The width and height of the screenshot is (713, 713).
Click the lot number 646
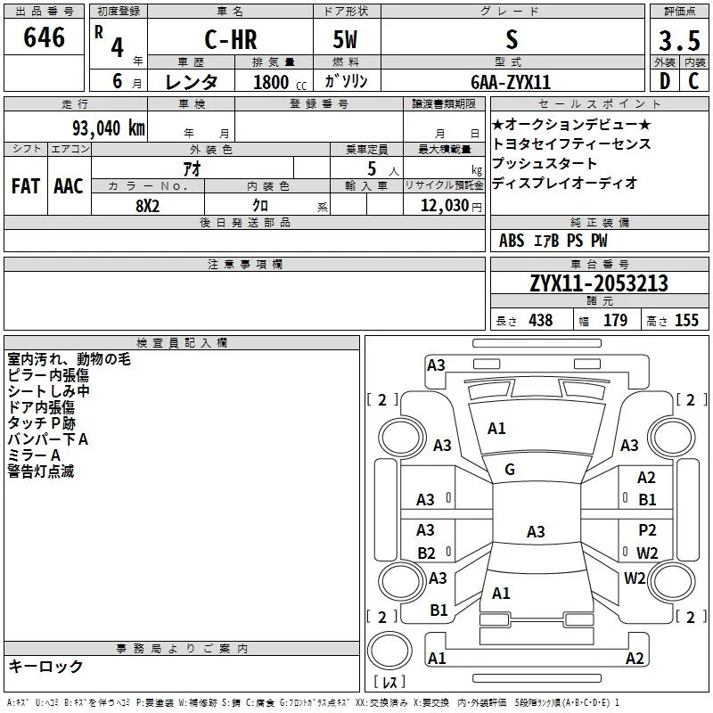(44, 37)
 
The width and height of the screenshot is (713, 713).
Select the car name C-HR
(231, 39)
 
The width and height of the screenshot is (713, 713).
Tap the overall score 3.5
(679, 40)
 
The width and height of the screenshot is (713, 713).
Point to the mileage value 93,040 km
(109, 128)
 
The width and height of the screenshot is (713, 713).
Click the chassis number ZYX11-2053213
(599, 283)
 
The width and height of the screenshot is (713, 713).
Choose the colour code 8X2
(147, 206)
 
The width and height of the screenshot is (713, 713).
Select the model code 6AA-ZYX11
(511, 82)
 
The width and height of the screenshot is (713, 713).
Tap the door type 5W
(345, 39)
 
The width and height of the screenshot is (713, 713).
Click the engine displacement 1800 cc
(280, 82)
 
